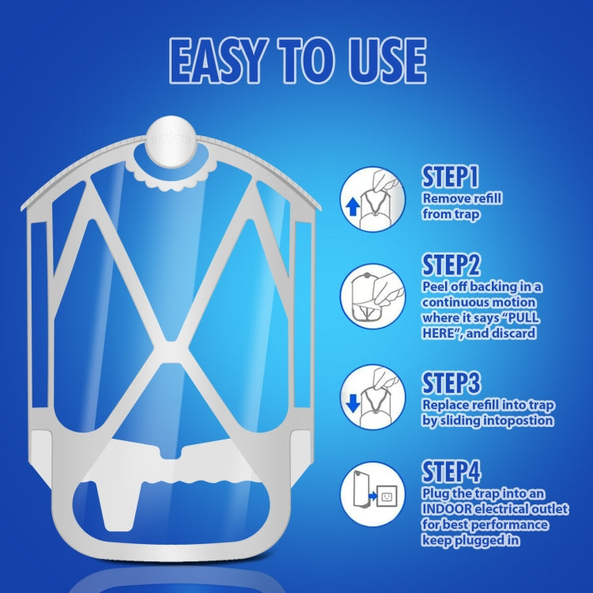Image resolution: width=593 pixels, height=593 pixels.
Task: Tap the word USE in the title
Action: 381,59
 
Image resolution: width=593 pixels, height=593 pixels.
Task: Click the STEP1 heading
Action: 451,176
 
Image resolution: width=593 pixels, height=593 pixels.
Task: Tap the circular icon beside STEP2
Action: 368,296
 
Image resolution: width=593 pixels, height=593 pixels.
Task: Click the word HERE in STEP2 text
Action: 443,334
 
